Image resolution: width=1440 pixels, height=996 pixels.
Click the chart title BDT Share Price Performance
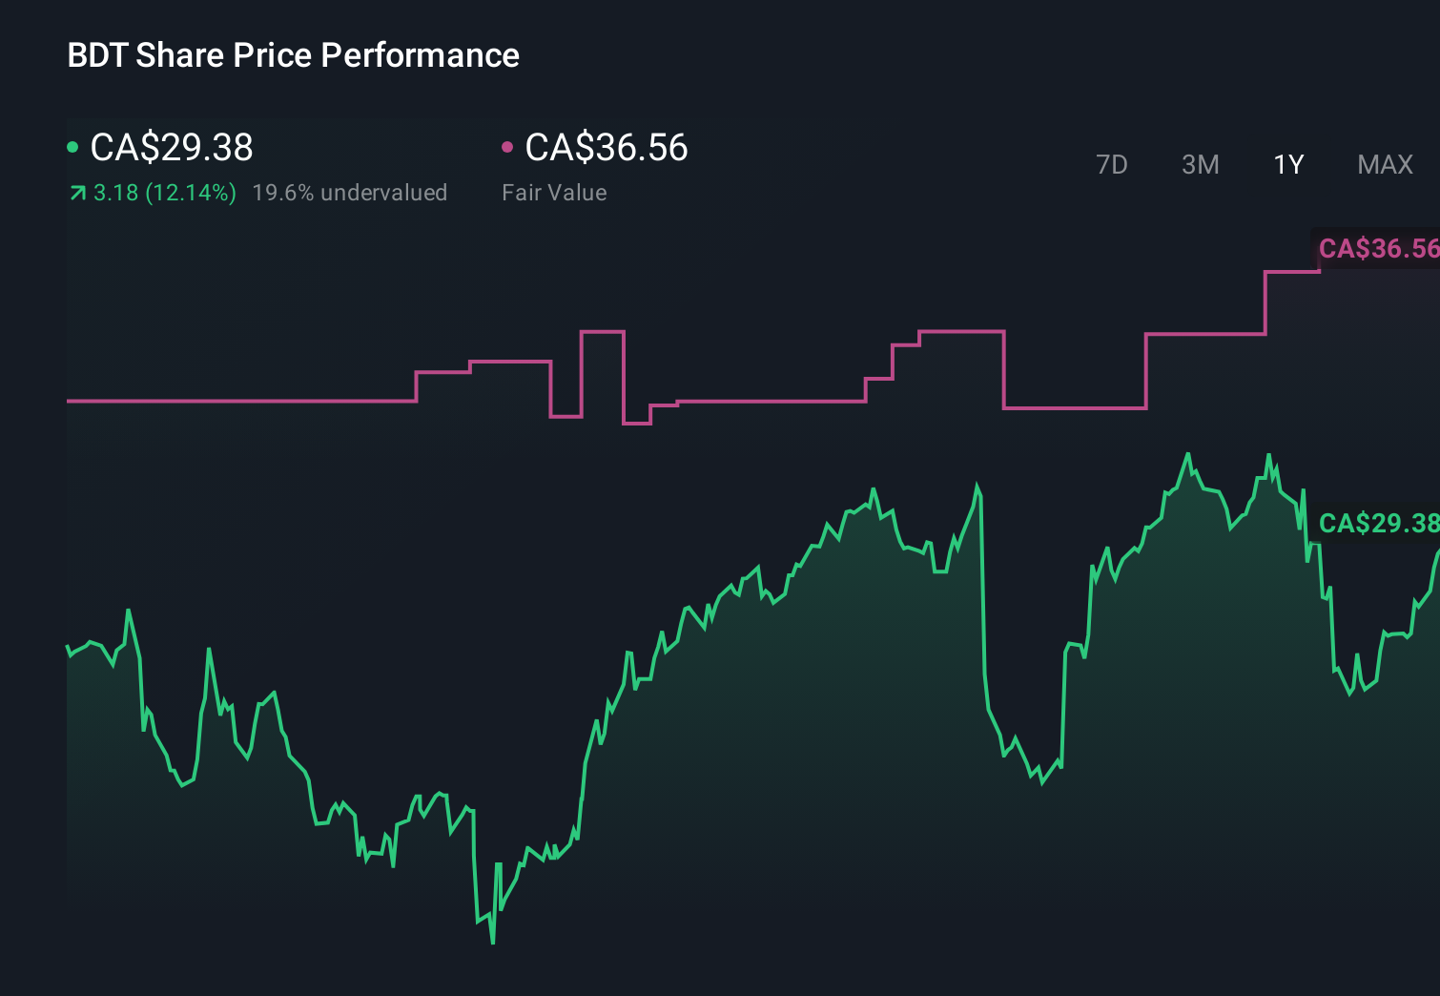pyautogui.click(x=293, y=55)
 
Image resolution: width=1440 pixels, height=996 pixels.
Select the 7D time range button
pyautogui.click(x=1111, y=165)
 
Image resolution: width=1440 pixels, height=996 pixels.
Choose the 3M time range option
pyautogui.click(x=1200, y=165)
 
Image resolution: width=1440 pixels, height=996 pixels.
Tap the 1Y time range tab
pyautogui.click(x=1288, y=165)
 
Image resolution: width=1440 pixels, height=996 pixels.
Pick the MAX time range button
pyautogui.click(x=1385, y=165)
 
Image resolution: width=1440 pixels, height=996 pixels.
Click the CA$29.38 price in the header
pyautogui.click(x=172, y=148)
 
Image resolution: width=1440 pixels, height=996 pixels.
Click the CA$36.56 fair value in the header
pyautogui.click(x=607, y=148)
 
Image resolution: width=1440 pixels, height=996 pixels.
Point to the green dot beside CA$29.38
pyautogui.click(x=72, y=147)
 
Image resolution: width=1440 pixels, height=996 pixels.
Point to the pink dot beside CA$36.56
pyautogui.click(x=507, y=147)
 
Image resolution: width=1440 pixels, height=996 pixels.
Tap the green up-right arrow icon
pyautogui.click(x=78, y=194)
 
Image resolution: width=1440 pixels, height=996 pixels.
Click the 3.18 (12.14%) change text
pyautogui.click(x=164, y=193)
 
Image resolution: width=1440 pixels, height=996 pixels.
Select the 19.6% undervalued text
pyautogui.click(x=349, y=193)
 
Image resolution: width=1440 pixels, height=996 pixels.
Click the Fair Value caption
pyautogui.click(x=554, y=193)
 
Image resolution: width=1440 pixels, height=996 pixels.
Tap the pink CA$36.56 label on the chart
pyautogui.click(x=1377, y=249)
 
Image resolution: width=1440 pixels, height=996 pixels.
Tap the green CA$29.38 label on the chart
pyautogui.click(x=1377, y=523)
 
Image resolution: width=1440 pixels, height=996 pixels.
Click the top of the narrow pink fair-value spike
pyautogui.click(x=603, y=332)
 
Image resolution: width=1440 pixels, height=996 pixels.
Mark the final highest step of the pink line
pyautogui.click(x=1293, y=272)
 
